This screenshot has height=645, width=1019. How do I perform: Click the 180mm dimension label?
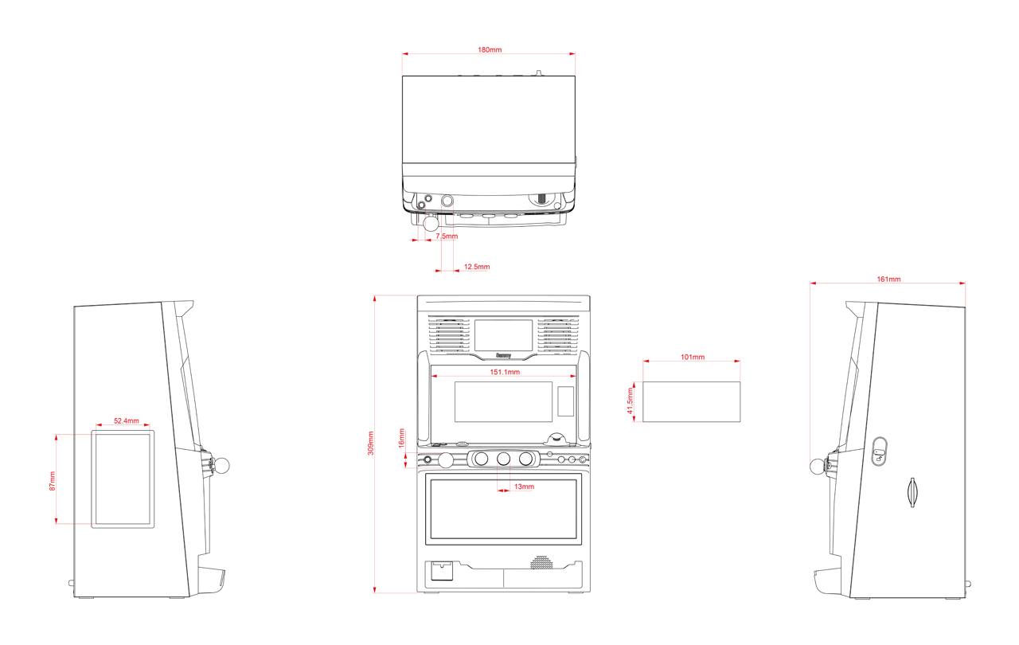pyautogui.click(x=490, y=49)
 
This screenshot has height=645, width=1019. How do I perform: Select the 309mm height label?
pyautogui.click(x=371, y=443)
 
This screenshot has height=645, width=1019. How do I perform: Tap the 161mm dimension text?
pyautogui.click(x=888, y=279)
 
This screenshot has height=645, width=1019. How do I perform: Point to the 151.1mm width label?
pyautogui.click(x=505, y=372)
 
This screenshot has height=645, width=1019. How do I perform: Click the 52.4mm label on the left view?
pyautogui.click(x=126, y=420)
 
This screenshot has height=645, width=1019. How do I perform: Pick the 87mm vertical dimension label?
pyautogui.click(x=53, y=481)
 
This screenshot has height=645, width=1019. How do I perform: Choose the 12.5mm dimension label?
pyautogui.click(x=477, y=267)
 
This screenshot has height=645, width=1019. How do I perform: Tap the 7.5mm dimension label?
pyautogui.click(x=447, y=236)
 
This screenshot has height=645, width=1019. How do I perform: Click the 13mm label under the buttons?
pyautogui.click(x=524, y=487)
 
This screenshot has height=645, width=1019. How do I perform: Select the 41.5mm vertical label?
pyautogui.click(x=630, y=401)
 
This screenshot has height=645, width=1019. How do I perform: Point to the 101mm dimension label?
pyautogui.click(x=693, y=357)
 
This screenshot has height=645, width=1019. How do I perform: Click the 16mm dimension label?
pyautogui.click(x=401, y=438)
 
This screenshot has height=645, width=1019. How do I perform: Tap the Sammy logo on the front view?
pyautogui.click(x=503, y=355)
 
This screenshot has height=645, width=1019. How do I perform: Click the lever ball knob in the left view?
pyautogui.click(x=222, y=465)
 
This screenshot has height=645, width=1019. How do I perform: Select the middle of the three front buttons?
pyautogui.click(x=503, y=459)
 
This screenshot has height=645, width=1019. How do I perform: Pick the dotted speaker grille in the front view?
pyautogui.click(x=542, y=562)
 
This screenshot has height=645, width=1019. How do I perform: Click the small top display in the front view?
pyautogui.click(x=503, y=335)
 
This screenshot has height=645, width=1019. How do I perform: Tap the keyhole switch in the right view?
pyautogui.click(x=880, y=451)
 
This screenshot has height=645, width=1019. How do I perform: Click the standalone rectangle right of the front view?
pyautogui.click(x=692, y=401)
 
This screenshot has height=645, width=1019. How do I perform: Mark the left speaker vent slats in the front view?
pyautogui.click(x=448, y=334)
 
